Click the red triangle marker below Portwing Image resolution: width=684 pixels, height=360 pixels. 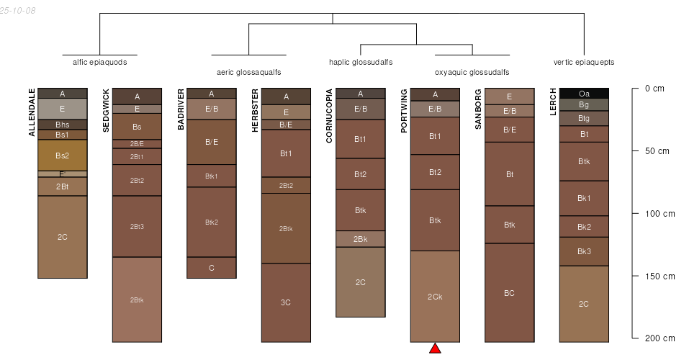[x=435, y=348]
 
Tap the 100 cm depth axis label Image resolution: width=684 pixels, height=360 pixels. [x=659, y=214]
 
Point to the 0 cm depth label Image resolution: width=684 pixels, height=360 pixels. [x=654, y=89]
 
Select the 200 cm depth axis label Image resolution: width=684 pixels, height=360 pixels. [x=659, y=338]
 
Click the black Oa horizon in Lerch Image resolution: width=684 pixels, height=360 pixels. [x=584, y=94]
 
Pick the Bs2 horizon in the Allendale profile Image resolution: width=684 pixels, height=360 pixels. [x=63, y=156]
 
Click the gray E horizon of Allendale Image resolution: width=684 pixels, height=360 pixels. [x=63, y=109]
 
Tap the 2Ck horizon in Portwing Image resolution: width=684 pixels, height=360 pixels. [x=435, y=297]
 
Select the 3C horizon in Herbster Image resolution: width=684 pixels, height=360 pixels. [x=286, y=302]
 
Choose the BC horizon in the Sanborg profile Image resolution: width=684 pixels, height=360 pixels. [x=509, y=293]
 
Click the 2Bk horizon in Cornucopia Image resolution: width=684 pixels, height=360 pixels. [x=361, y=239]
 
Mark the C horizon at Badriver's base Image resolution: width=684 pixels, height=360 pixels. [x=212, y=268]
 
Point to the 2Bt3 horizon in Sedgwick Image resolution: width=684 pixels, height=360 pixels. [x=137, y=227]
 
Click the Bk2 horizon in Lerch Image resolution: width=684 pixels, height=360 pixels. [x=584, y=227]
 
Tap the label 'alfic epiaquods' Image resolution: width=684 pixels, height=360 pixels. [x=99, y=62]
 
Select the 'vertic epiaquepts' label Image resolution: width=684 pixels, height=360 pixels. [x=584, y=62]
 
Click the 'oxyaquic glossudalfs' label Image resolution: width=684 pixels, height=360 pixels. [x=472, y=72]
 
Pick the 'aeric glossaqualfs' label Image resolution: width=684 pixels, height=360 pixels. [x=248, y=72]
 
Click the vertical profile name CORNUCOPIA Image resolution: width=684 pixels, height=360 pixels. [x=329, y=116]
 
